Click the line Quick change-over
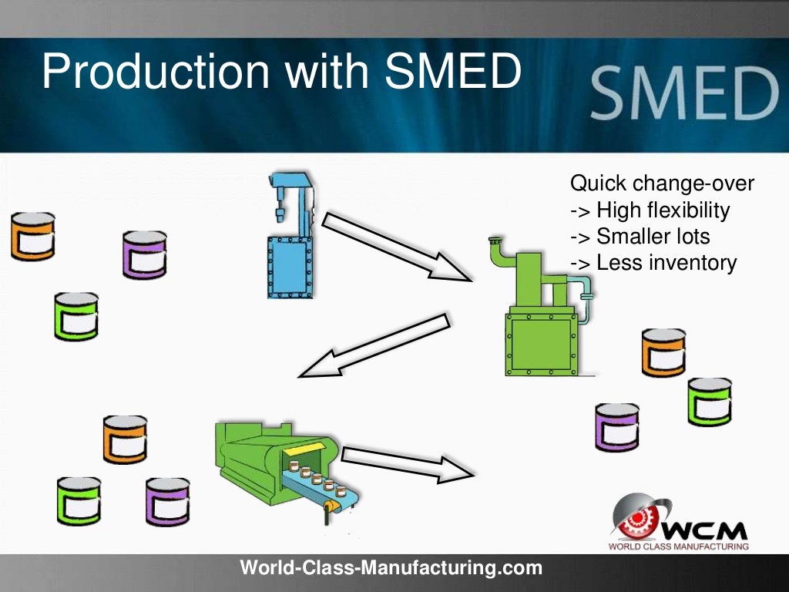pyautogui.click(x=662, y=184)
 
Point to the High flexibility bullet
pyautogui.click(x=650, y=210)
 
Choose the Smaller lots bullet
pyautogui.click(x=640, y=236)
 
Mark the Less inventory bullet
pyautogui.click(x=653, y=262)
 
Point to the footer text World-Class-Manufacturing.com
pyautogui.click(x=391, y=569)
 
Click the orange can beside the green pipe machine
pyautogui.click(x=663, y=352)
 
